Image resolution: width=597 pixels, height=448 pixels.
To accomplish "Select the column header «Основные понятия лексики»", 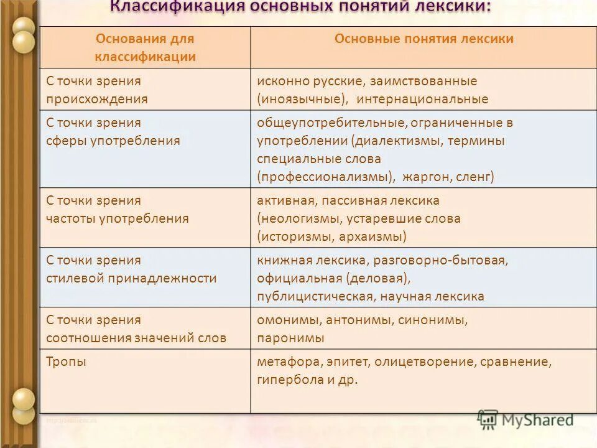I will tap(423, 39).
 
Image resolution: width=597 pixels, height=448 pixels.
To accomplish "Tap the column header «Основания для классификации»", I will tap(145, 48).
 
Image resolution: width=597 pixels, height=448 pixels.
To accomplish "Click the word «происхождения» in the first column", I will tap(98, 99).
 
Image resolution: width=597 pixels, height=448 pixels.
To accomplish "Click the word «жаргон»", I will tap(425, 177).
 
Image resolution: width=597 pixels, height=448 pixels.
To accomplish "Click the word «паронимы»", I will tap(290, 338).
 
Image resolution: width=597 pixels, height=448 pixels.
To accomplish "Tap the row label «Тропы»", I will tap(67, 362).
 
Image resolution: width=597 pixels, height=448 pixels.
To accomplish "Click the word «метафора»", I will tap(289, 362).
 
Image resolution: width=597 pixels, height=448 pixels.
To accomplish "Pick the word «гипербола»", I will tap(289, 380).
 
